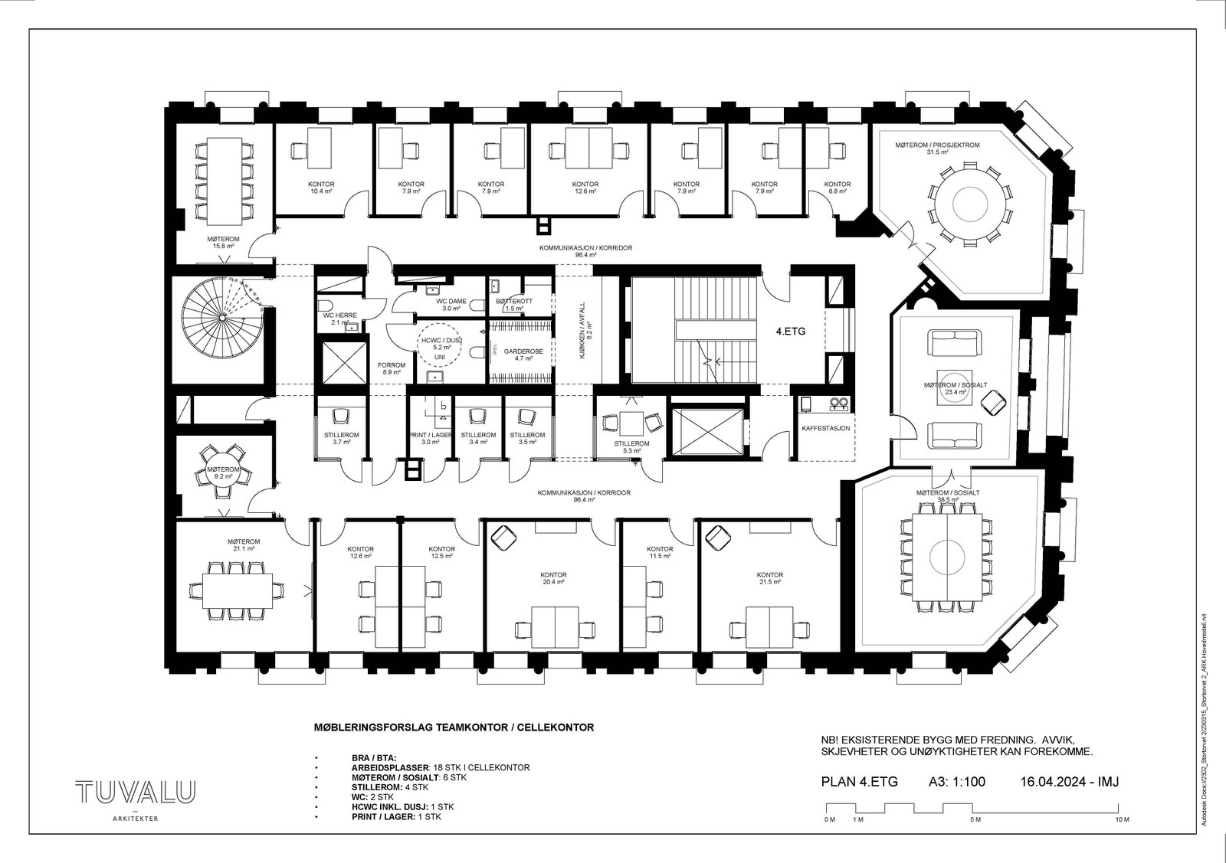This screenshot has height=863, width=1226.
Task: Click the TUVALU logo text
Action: pyautogui.click(x=135, y=793)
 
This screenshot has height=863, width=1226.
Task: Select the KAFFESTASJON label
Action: pyautogui.click(x=825, y=428)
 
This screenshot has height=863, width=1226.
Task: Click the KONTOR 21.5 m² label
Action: pyautogui.click(x=770, y=578)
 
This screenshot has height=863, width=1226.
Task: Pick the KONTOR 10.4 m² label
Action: pyautogui.click(x=321, y=188)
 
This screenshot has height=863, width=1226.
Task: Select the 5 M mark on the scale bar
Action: pyautogui.click(x=975, y=820)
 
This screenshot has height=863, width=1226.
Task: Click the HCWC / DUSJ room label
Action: pyautogui.click(x=438, y=342)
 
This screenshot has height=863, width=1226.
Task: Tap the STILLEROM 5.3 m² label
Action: pyautogui.click(x=631, y=447)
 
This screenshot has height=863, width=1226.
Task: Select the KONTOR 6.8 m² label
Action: pyautogui.click(x=837, y=188)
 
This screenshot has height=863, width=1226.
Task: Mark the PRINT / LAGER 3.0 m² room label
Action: pyautogui.click(x=430, y=438)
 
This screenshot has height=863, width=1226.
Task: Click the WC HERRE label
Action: pyautogui.click(x=339, y=319)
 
